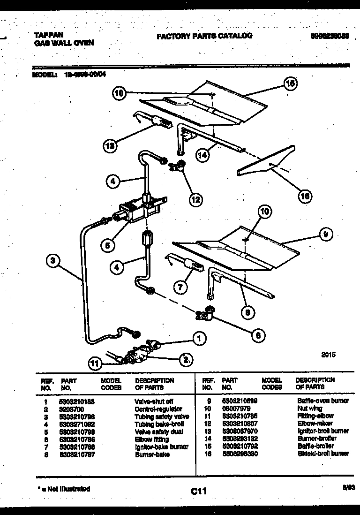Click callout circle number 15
(x=291, y=84)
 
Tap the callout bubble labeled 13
(x=110, y=145)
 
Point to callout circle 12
(x=196, y=199)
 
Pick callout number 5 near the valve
(x=107, y=244)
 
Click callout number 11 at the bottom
(x=95, y=362)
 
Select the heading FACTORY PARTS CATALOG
(x=204, y=36)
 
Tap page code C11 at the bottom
(x=199, y=491)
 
